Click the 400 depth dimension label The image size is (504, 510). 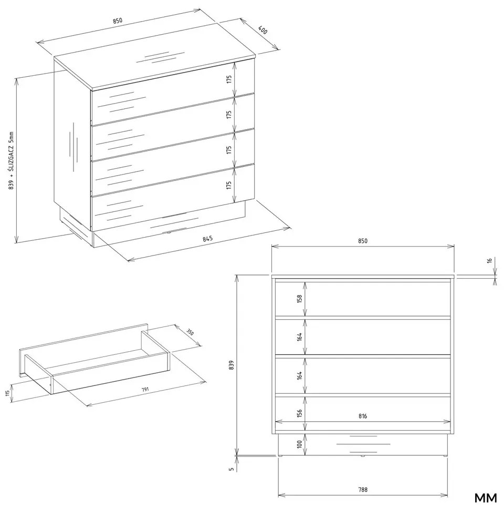click(x=262, y=30)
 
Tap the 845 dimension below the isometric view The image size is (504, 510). click(x=207, y=239)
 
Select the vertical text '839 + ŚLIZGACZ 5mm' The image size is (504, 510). click(x=12, y=160)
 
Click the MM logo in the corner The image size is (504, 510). click(x=486, y=497)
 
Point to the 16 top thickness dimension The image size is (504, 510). click(x=489, y=260)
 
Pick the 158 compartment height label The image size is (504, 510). click(x=299, y=299)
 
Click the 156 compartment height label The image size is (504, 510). click(x=299, y=413)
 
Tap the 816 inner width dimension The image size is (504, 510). click(x=363, y=416)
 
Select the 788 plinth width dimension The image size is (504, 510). click(x=363, y=489)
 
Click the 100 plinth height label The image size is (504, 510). click(x=299, y=444)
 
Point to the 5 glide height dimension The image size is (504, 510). click(x=231, y=469)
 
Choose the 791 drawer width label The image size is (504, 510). click(x=145, y=389)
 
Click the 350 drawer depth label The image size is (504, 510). click(x=190, y=332)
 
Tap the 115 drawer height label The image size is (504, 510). click(x=7, y=393)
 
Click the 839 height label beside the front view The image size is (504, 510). click(x=231, y=365)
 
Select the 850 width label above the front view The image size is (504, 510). click(x=363, y=241)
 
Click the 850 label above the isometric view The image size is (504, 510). click(x=118, y=21)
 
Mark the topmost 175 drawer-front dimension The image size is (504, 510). click(x=229, y=79)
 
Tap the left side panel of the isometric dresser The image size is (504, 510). click(x=72, y=145)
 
